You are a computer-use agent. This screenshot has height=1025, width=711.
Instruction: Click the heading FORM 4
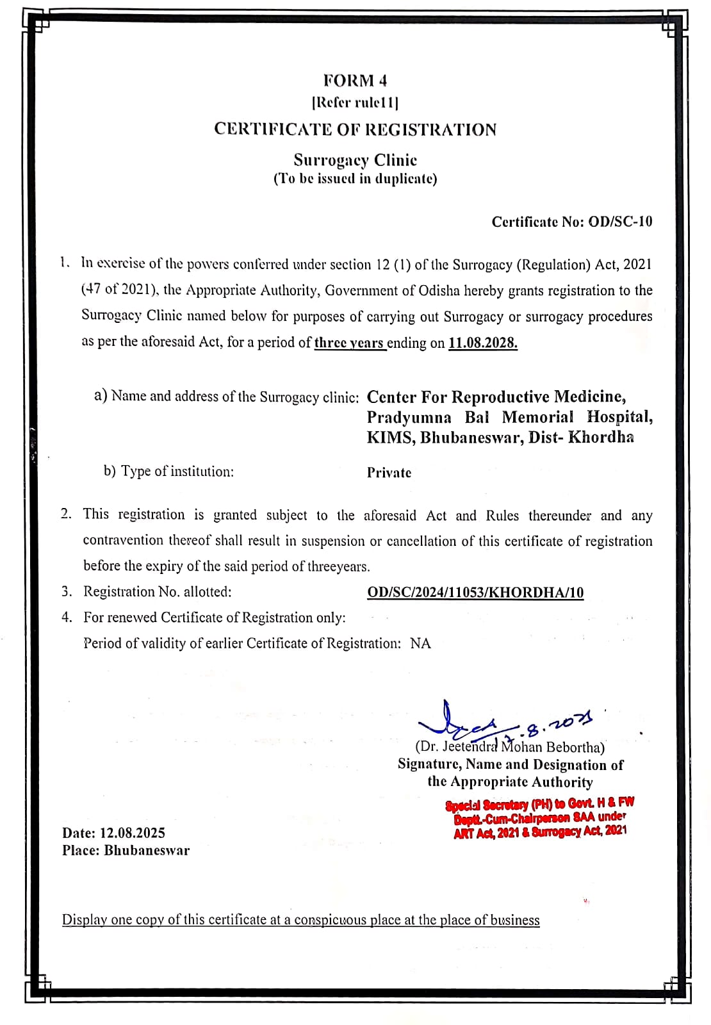click(x=355, y=81)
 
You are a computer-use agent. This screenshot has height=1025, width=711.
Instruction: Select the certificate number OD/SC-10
click(x=620, y=222)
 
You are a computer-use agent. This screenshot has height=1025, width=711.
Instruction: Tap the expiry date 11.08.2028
click(x=482, y=343)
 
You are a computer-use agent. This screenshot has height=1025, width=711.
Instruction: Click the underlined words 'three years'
click(x=350, y=343)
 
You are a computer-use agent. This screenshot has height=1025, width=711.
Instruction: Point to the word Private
click(x=389, y=473)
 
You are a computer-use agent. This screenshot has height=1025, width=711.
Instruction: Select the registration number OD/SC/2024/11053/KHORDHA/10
click(x=475, y=593)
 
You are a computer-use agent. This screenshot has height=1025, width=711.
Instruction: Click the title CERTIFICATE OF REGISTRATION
click(x=355, y=129)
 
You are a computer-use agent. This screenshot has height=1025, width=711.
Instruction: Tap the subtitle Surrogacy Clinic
click(x=355, y=160)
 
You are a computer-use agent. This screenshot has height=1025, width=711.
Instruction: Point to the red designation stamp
click(x=539, y=817)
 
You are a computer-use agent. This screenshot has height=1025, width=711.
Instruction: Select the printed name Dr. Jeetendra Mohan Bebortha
click(x=510, y=747)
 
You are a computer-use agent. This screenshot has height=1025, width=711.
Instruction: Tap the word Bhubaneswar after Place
click(x=147, y=851)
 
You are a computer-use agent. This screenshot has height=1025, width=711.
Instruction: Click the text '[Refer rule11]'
click(x=355, y=102)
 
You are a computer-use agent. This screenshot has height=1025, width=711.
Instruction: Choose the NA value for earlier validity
click(x=420, y=643)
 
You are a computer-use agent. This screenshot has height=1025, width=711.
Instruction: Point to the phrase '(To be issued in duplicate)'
click(x=355, y=179)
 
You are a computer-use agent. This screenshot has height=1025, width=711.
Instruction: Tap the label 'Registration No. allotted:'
click(x=158, y=592)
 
